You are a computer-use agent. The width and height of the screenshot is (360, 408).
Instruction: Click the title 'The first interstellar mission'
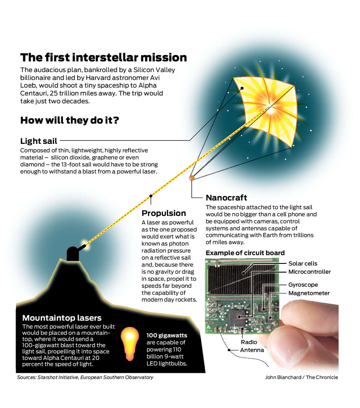tap(103, 57)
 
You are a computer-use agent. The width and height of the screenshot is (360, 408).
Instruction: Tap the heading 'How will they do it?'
tap(69, 120)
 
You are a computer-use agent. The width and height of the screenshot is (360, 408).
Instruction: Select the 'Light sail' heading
tap(39, 141)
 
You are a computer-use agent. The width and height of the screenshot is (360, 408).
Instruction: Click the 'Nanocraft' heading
tap(226, 198)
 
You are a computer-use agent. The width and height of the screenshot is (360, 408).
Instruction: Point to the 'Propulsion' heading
tap(163, 213)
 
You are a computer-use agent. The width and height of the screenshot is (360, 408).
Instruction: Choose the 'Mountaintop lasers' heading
tap(62, 318)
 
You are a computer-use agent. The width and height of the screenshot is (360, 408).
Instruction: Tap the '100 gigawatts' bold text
tap(167, 336)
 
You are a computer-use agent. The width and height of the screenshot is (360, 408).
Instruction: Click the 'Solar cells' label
tap(303, 263)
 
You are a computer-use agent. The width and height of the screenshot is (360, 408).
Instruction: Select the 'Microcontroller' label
tap(310, 272)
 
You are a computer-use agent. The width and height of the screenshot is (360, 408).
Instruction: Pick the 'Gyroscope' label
tap(303, 285)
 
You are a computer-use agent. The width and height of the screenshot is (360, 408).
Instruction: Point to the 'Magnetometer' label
tap(309, 293)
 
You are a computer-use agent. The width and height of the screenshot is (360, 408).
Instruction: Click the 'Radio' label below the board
tap(249, 342)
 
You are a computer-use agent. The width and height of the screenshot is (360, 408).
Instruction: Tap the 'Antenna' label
tap(252, 350)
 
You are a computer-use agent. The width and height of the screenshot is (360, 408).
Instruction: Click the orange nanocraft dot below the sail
tap(192, 178)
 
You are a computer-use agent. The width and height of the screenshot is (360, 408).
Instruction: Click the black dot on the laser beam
tap(151, 196)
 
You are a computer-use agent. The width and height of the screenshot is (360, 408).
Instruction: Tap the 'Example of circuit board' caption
tap(245, 253)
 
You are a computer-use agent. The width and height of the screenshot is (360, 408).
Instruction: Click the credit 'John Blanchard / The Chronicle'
tap(301, 377)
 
